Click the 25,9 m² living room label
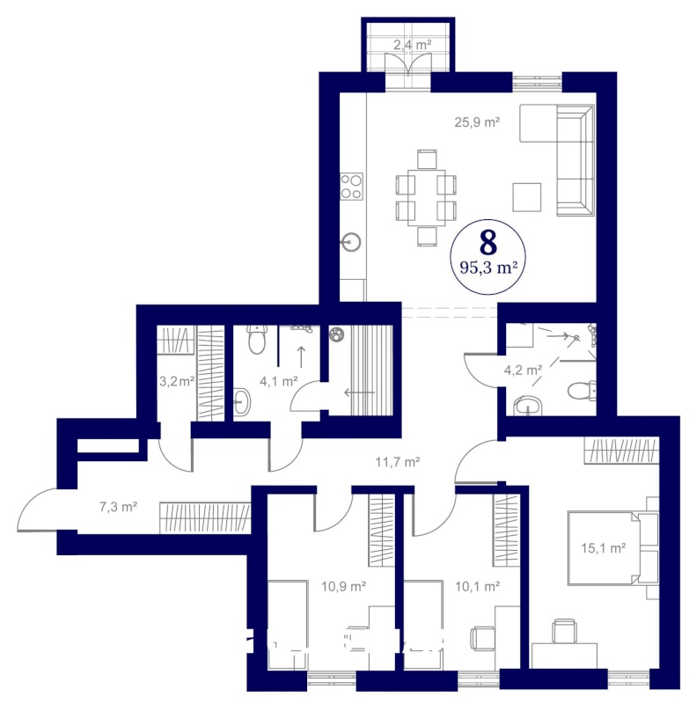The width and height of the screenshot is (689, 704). [x=477, y=122]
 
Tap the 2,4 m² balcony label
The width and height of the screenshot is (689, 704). [x=413, y=45]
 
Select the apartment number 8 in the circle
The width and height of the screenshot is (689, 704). [x=488, y=243]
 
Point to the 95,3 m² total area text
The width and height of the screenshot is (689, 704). [x=488, y=268]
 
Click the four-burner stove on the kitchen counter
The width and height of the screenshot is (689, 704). [x=351, y=187]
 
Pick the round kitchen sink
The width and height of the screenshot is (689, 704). [x=350, y=243]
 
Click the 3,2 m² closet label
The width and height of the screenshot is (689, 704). [x=177, y=382]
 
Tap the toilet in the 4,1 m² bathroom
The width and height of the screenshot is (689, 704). [x=257, y=340]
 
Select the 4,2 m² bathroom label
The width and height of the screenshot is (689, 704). [x=523, y=370]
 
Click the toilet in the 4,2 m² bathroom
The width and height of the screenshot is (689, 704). [x=582, y=391]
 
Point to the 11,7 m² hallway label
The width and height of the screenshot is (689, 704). [x=398, y=461]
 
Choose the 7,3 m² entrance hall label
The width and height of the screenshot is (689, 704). [x=118, y=507]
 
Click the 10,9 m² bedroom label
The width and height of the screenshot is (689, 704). [x=344, y=586]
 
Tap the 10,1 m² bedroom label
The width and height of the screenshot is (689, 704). [x=478, y=586]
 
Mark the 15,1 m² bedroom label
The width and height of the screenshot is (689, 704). [x=604, y=548]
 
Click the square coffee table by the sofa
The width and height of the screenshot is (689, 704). [x=527, y=197]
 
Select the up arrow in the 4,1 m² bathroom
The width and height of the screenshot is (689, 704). [x=301, y=357]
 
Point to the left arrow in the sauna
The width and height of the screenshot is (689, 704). [x=359, y=392]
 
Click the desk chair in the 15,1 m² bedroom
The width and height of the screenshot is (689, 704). [x=564, y=629]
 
